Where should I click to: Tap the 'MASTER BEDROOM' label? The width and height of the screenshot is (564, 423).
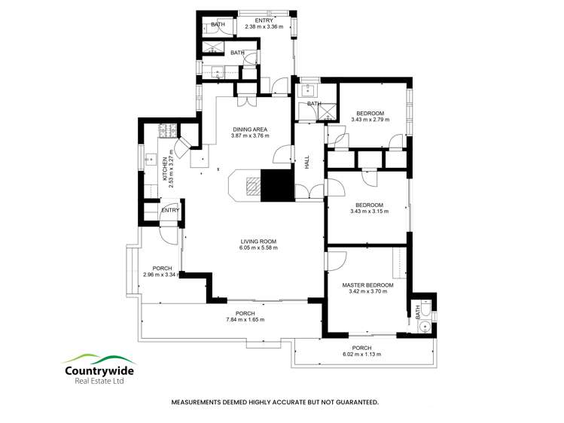point(367,285)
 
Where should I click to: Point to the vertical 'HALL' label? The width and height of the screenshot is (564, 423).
point(307,163)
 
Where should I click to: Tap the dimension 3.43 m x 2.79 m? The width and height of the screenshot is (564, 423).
point(370,120)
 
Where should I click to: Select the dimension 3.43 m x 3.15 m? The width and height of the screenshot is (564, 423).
point(370,211)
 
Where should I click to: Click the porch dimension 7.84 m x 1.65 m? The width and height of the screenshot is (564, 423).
point(245,320)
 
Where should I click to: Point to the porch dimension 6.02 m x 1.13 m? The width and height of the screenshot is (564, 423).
point(363,354)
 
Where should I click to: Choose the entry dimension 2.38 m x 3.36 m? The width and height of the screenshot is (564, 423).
point(264,26)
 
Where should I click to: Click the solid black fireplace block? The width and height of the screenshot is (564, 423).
point(276,185)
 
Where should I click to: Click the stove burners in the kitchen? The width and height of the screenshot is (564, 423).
point(163,131)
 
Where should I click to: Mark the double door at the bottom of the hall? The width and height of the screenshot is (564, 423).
point(306,193)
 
